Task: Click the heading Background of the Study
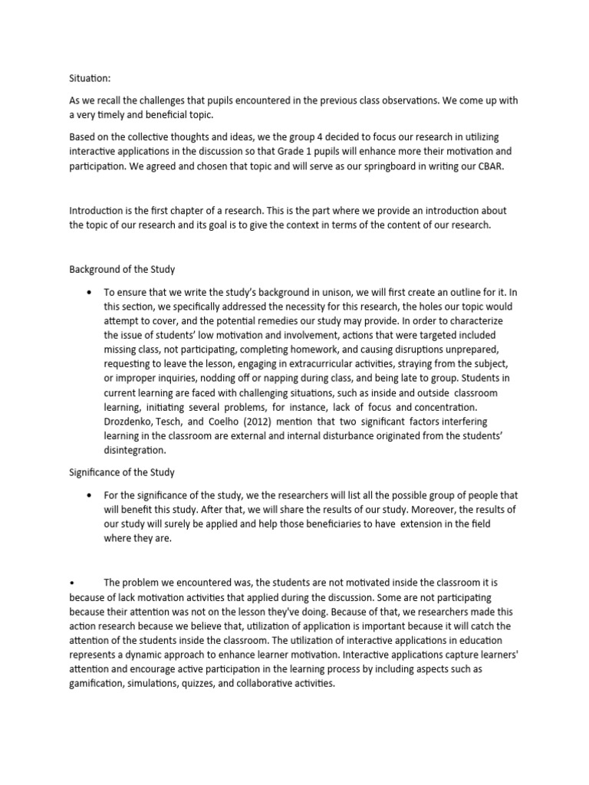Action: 121,269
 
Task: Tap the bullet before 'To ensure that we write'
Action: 91,293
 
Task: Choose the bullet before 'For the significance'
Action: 91,494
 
